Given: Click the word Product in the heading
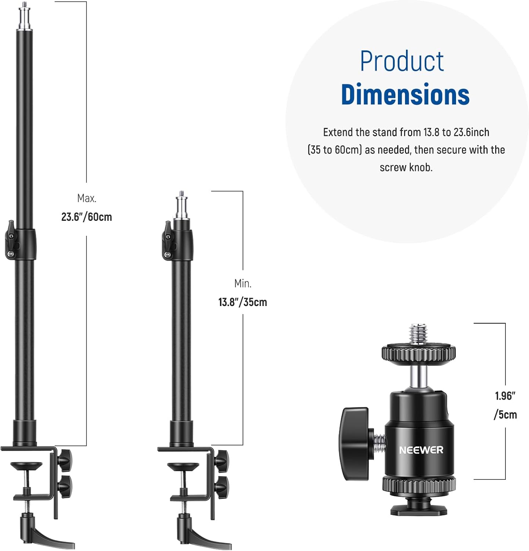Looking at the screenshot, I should coord(402,61).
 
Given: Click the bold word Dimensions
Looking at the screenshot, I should coord(405,95).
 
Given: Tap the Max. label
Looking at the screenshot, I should coord(87,198).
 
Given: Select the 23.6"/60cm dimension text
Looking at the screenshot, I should coord(87,217).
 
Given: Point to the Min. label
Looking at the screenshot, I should coord(243,284).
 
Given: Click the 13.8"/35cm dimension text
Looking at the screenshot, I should coord(243,302).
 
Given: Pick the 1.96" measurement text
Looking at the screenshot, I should coord(505,396).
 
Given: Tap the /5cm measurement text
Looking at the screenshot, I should coord(505,415).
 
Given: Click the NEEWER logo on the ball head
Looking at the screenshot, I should coord(421,450).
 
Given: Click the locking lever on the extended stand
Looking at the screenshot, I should coord(12,239).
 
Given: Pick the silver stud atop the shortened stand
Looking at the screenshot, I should coord(181,206).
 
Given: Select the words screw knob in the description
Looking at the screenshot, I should coord(406,168).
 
